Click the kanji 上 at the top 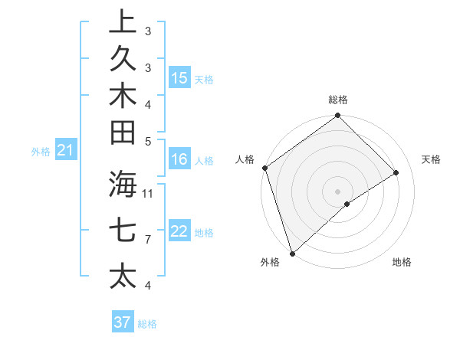click(123, 22)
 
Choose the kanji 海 click(123, 185)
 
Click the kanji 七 click(123, 231)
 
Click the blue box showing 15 click(179, 77)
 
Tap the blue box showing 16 click(179, 159)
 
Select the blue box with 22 click(179, 231)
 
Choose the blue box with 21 click(66, 151)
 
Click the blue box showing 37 click(123, 322)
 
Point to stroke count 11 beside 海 click(148, 193)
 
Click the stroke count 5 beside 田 click(148, 141)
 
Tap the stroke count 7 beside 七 click(148, 240)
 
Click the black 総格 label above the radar click(338, 100)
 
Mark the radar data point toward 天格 click(396, 172)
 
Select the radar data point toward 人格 click(264, 168)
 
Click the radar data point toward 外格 click(292, 253)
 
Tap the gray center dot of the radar click(337, 191)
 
